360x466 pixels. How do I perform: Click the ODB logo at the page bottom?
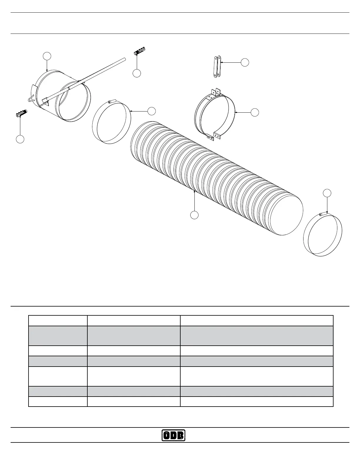pyautogui.click(x=174, y=435)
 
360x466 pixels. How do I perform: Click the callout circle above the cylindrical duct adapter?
pyautogui.click(x=47, y=56)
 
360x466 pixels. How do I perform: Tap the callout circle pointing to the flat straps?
pyautogui.click(x=245, y=62)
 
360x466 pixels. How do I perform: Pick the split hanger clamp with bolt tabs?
pyautogui.click(x=215, y=113)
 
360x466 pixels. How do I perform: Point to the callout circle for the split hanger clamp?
pyautogui.click(x=255, y=112)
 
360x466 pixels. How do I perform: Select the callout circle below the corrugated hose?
pyautogui.click(x=194, y=215)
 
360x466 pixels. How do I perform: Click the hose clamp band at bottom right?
pyautogui.click(x=323, y=235)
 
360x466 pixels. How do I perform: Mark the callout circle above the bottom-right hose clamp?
pyautogui.click(x=327, y=193)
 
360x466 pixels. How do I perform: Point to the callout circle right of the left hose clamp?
pyautogui.click(x=151, y=111)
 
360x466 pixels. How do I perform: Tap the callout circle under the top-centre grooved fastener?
pyautogui.click(x=136, y=73)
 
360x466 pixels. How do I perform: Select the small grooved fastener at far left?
pyautogui.click(x=21, y=113)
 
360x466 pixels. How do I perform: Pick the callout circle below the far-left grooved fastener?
pyautogui.click(x=20, y=139)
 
